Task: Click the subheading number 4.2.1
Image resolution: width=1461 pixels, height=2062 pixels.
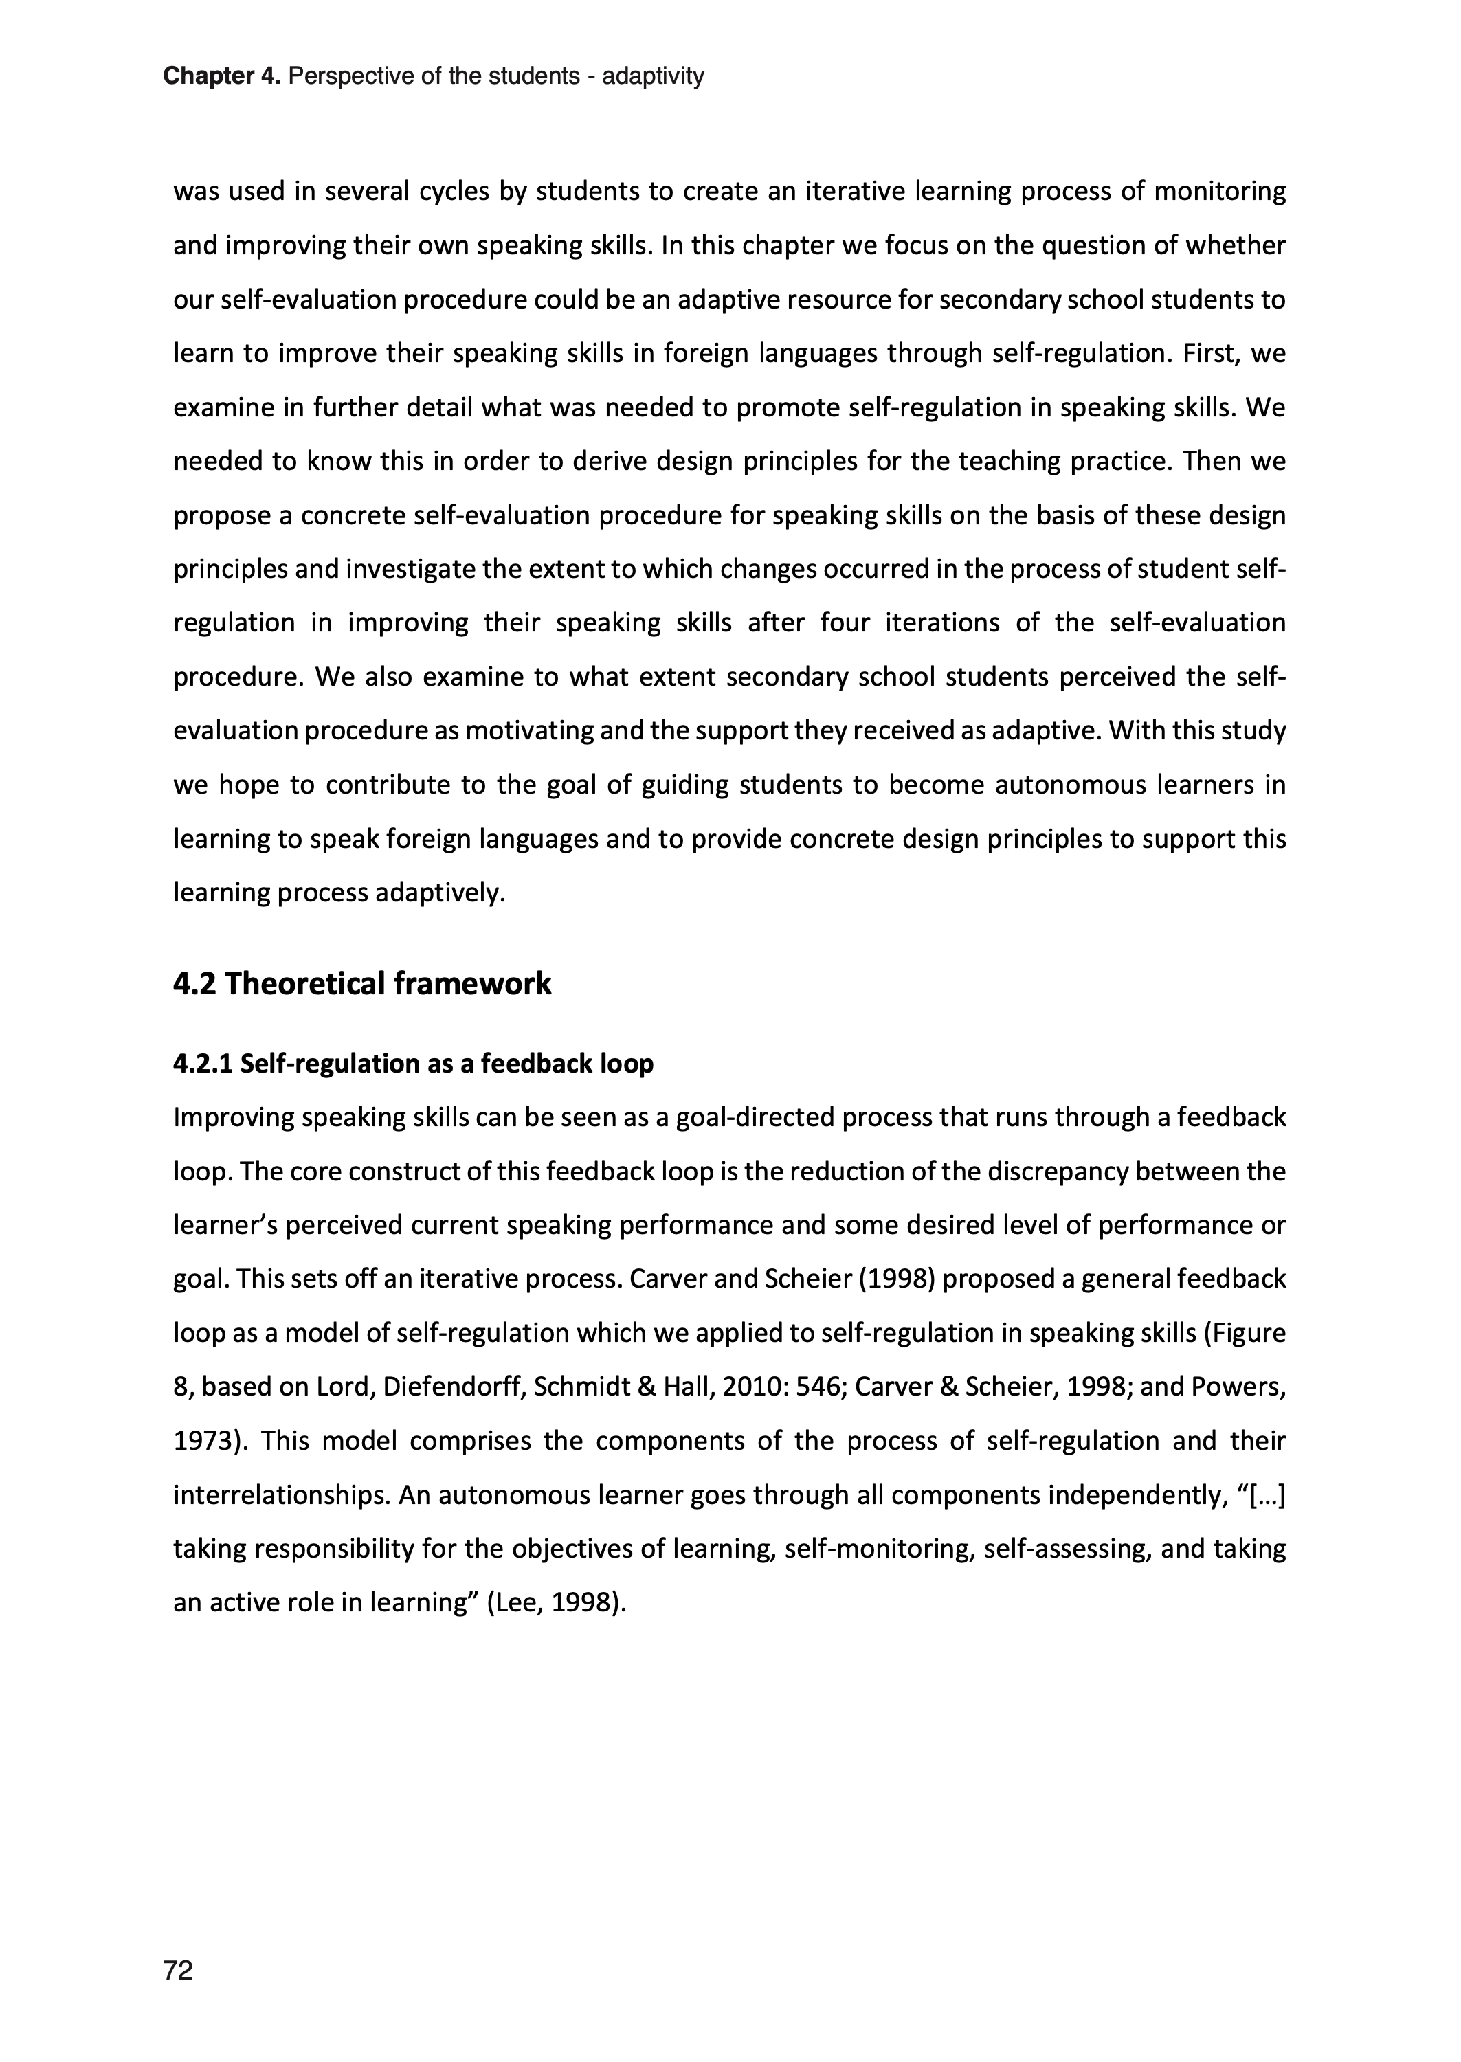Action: (x=203, y=1064)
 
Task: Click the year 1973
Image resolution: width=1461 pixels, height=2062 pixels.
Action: (x=204, y=1441)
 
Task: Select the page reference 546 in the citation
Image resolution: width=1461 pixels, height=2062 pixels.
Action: (x=818, y=1387)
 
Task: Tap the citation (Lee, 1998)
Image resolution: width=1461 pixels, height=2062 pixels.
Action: (x=556, y=1602)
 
